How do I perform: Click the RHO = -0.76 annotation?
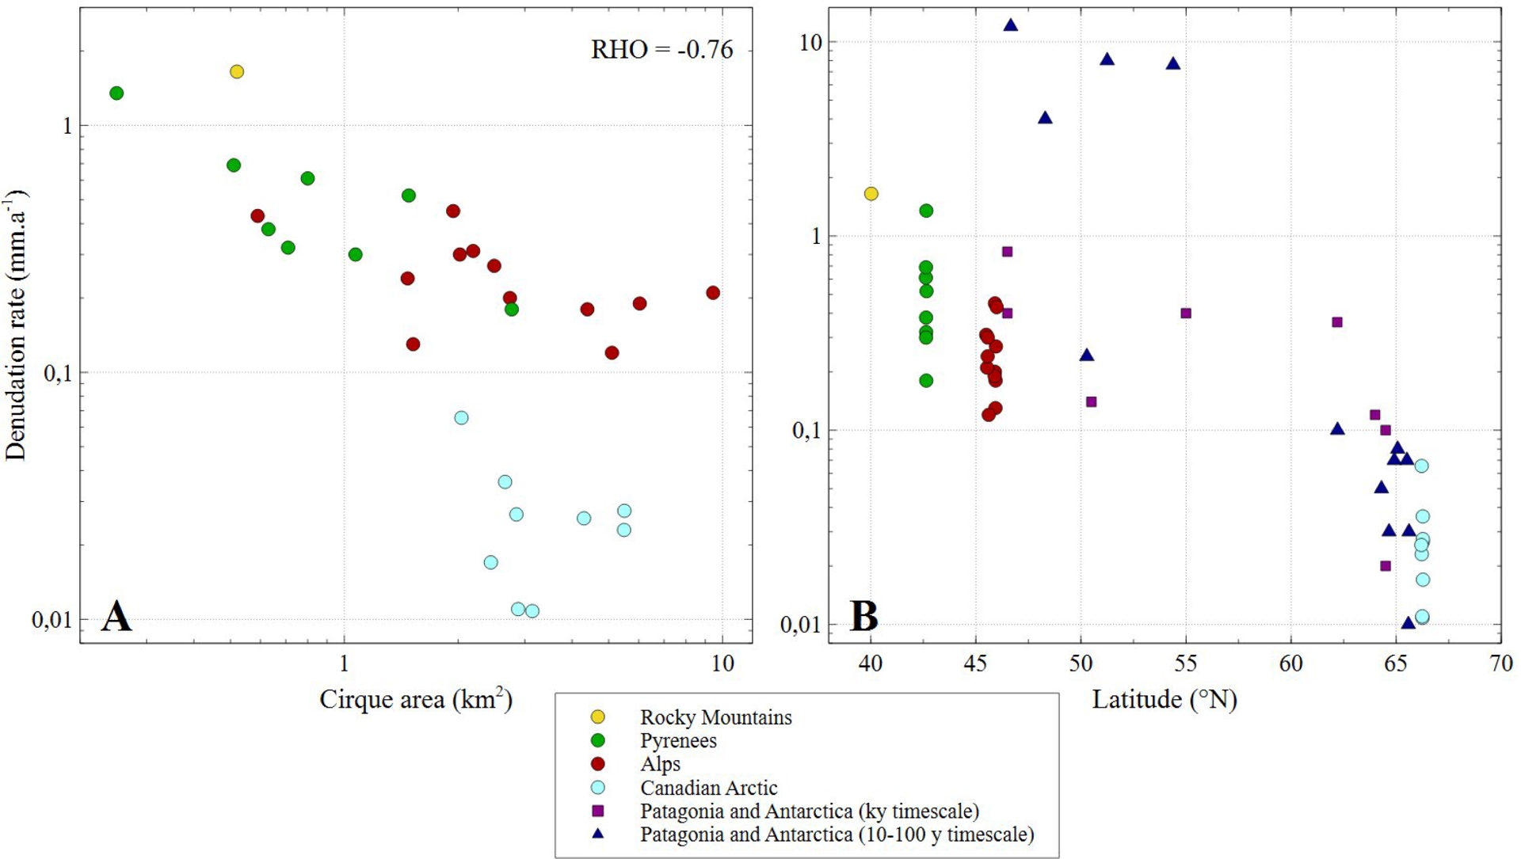661,50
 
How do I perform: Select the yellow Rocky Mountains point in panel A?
236,72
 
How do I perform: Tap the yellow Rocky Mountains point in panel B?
871,194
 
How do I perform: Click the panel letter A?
116,616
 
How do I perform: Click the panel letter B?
863,616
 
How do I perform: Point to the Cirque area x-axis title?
416,699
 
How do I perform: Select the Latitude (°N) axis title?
1164,699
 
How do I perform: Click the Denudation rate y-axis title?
16,325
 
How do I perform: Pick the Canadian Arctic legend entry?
708,788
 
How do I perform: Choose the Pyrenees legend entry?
678,741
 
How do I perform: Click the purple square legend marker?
598,811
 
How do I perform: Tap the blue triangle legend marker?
598,834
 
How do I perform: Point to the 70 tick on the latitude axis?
1501,663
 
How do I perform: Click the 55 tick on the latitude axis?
1186,663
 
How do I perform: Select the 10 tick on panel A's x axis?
722,663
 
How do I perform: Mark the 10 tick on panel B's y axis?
810,43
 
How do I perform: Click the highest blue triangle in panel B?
1011,25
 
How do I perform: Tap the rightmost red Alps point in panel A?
713,293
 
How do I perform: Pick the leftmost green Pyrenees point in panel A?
116,93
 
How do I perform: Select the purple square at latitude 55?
1186,314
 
